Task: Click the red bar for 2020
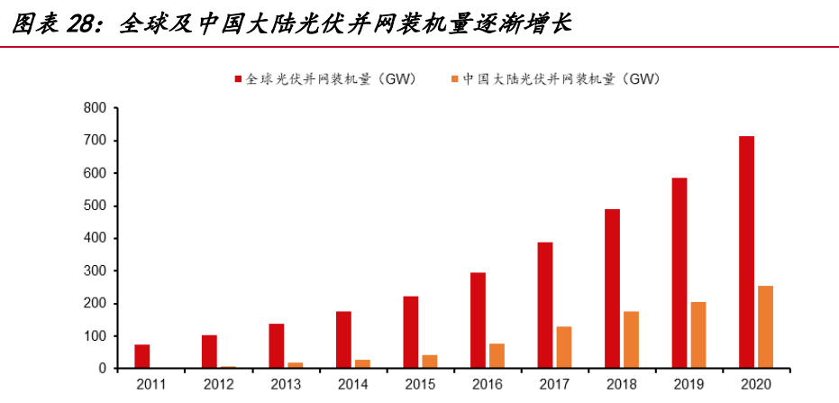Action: click(746, 252)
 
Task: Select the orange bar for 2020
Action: click(765, 327)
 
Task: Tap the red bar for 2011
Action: click(141, 356)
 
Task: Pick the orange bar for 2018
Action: click(631, 340)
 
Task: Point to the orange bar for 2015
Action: click(429, 362)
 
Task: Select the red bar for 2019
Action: click(679, 273)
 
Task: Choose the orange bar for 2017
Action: click(563, 347)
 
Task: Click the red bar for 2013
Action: click(277, 345)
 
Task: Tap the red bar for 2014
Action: click(343, 340)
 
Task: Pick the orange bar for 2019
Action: click(698, 335)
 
